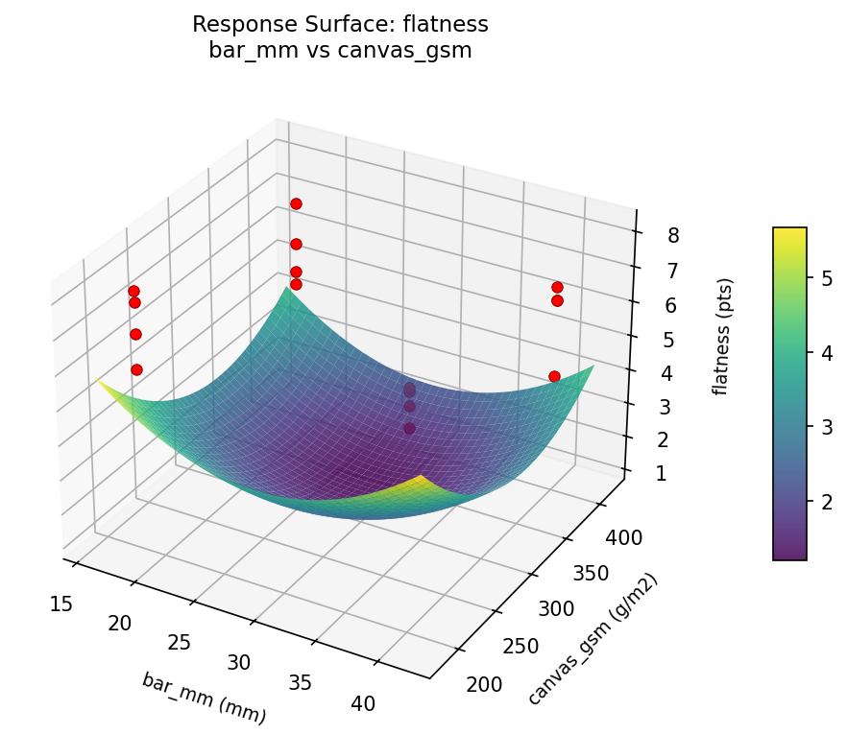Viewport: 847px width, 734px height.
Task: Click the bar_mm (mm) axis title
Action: pos(204,698)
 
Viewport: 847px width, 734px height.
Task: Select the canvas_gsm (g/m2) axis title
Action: pos(593,640)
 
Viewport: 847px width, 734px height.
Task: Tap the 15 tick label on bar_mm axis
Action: pos(61,604)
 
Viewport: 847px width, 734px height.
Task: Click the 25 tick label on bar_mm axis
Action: pos(180,642)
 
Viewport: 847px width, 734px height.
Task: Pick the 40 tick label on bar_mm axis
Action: pos(363,703)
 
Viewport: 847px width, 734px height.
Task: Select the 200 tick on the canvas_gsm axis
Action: pos(483,684)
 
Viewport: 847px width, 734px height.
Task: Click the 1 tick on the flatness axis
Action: pos(660,473)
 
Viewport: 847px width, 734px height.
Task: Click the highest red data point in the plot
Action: pos(296,203)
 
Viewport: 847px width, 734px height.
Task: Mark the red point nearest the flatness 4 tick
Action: pos(554,376)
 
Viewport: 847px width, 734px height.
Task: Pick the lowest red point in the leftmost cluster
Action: pos(136,369)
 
